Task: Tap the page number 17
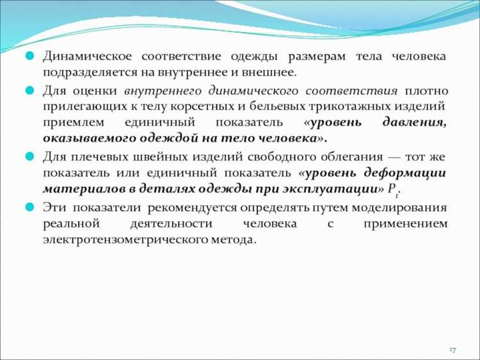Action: tap(452, 349)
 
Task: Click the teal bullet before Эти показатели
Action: tap(29, 208)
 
